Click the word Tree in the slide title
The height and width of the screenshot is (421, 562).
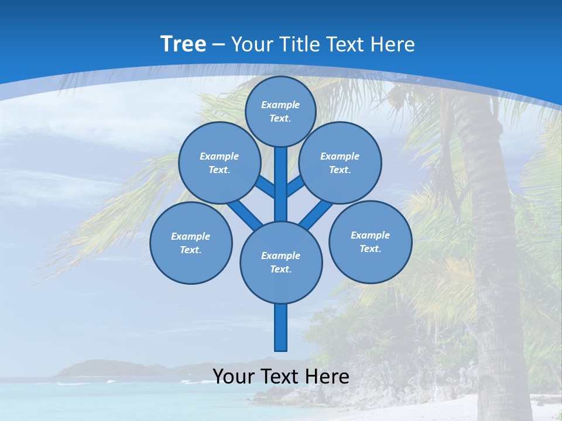point(183,44)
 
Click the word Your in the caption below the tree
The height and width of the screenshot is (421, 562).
point(233,377)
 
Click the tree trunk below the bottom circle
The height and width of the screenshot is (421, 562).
point(281,327)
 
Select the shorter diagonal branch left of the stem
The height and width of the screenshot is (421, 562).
point(265,187)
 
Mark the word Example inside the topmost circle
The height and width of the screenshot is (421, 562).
point(280,105)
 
